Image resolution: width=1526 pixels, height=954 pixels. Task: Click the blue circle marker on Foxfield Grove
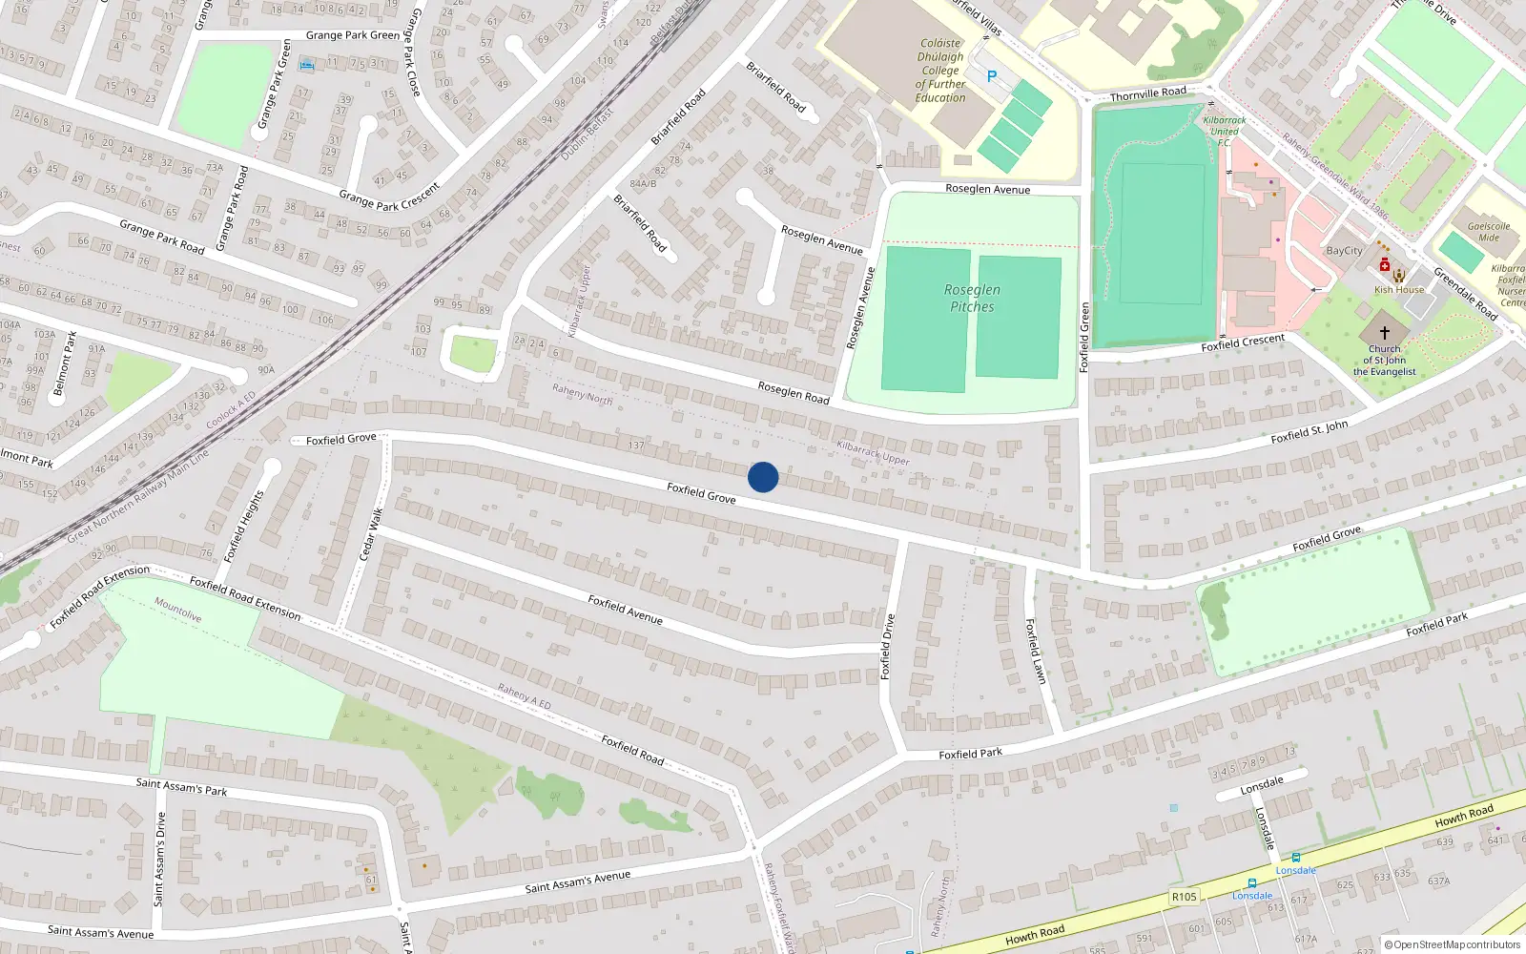pos(763,477)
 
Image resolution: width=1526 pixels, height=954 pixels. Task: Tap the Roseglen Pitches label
pos(972,298)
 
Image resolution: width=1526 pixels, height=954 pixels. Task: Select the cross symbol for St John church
pos(1385,332)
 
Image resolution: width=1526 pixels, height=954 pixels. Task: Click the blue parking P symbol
pos(992,76)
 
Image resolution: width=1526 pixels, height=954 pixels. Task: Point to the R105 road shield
pos(1185,897)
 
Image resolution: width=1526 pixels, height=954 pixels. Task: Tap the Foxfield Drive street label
pos(887,646)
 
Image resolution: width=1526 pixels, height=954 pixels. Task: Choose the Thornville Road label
pos(1148,93)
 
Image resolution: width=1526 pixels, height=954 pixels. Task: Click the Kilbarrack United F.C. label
pos(1224,132)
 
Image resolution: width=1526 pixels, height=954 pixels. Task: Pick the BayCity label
pos(1344,251)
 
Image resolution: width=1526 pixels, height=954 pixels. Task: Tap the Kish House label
pos(1399,290)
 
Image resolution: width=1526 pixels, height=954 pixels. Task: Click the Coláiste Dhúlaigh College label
pos(940,71)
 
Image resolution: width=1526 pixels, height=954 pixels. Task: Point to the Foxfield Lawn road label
pos(1035,651)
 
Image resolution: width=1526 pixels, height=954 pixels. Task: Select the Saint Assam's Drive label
pos(160,859)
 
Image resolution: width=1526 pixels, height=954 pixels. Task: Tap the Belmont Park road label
pos(64,363)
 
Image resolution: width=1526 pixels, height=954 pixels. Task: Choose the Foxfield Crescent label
pos(1243,342)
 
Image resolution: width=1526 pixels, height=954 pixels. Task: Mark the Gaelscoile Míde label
pos(1488,232)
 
